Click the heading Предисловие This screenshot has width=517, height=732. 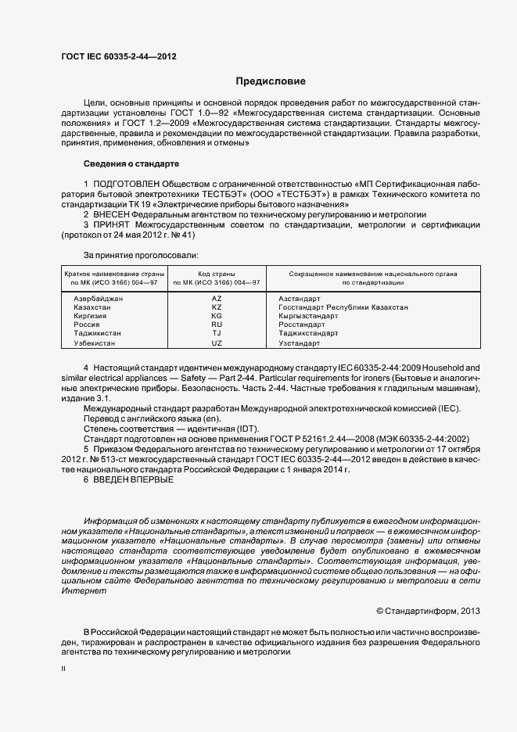271,81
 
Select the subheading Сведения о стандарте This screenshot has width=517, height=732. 131,164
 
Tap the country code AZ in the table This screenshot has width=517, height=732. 217,299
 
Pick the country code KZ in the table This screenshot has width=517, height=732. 217,307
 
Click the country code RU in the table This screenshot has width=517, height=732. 217,324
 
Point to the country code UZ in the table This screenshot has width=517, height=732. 217,343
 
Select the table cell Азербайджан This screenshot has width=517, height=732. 98,299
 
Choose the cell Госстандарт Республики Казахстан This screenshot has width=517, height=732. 343,307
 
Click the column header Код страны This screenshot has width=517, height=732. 217,274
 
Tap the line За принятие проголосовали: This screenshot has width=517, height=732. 141,255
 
